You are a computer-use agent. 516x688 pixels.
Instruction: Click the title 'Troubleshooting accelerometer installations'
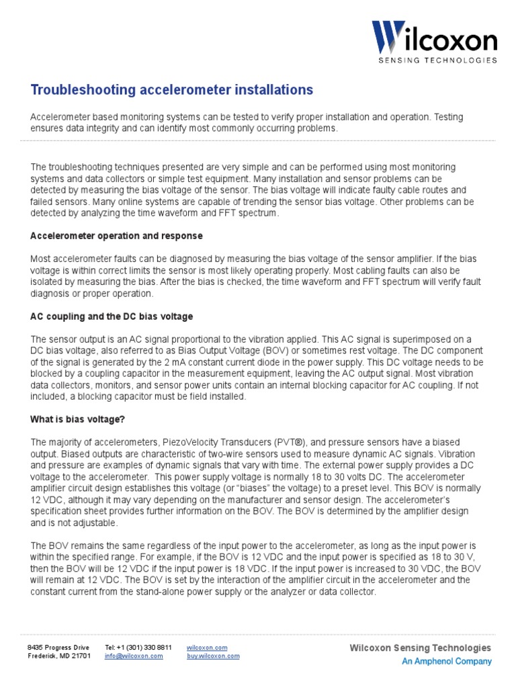(171, 89)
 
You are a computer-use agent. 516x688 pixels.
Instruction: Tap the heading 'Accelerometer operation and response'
(116, 236)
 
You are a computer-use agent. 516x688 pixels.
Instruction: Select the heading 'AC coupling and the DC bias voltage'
(112, 316)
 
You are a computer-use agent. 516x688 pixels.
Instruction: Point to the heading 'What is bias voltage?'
(77, 419)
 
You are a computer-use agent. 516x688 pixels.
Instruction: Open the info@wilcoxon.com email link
(134, 656)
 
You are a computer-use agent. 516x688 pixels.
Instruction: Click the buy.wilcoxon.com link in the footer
(213, 656)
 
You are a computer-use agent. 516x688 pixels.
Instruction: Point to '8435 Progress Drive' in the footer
(58, 648)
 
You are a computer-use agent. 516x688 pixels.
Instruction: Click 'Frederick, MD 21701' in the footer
(58, 656)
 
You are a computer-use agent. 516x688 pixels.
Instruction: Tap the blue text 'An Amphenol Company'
(446, 661)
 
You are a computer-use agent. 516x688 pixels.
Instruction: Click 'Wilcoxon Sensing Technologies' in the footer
(421, 648)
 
